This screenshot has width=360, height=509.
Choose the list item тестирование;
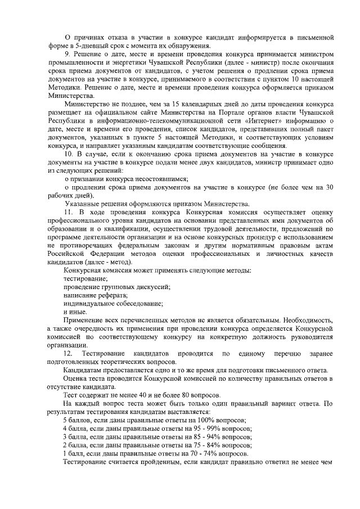coord(85,279)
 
